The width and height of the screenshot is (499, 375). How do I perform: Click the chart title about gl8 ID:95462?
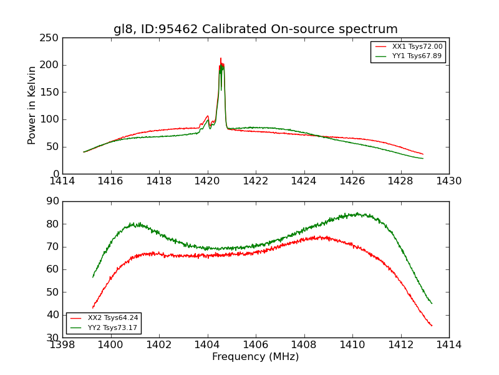255,29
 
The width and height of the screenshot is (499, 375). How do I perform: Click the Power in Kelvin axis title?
32,106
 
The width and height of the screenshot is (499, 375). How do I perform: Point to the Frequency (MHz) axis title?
255,357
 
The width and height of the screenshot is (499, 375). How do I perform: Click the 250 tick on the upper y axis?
51,38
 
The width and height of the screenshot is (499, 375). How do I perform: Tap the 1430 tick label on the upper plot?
448,181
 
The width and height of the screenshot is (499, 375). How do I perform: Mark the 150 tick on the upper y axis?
51,92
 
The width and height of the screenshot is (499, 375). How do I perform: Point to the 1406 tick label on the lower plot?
256,344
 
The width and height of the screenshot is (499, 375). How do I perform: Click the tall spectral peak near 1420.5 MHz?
221,59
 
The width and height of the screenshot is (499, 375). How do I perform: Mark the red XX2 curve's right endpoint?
432,326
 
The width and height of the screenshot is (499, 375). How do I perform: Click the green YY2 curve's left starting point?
93,277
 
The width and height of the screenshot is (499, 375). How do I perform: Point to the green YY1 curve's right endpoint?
423,158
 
